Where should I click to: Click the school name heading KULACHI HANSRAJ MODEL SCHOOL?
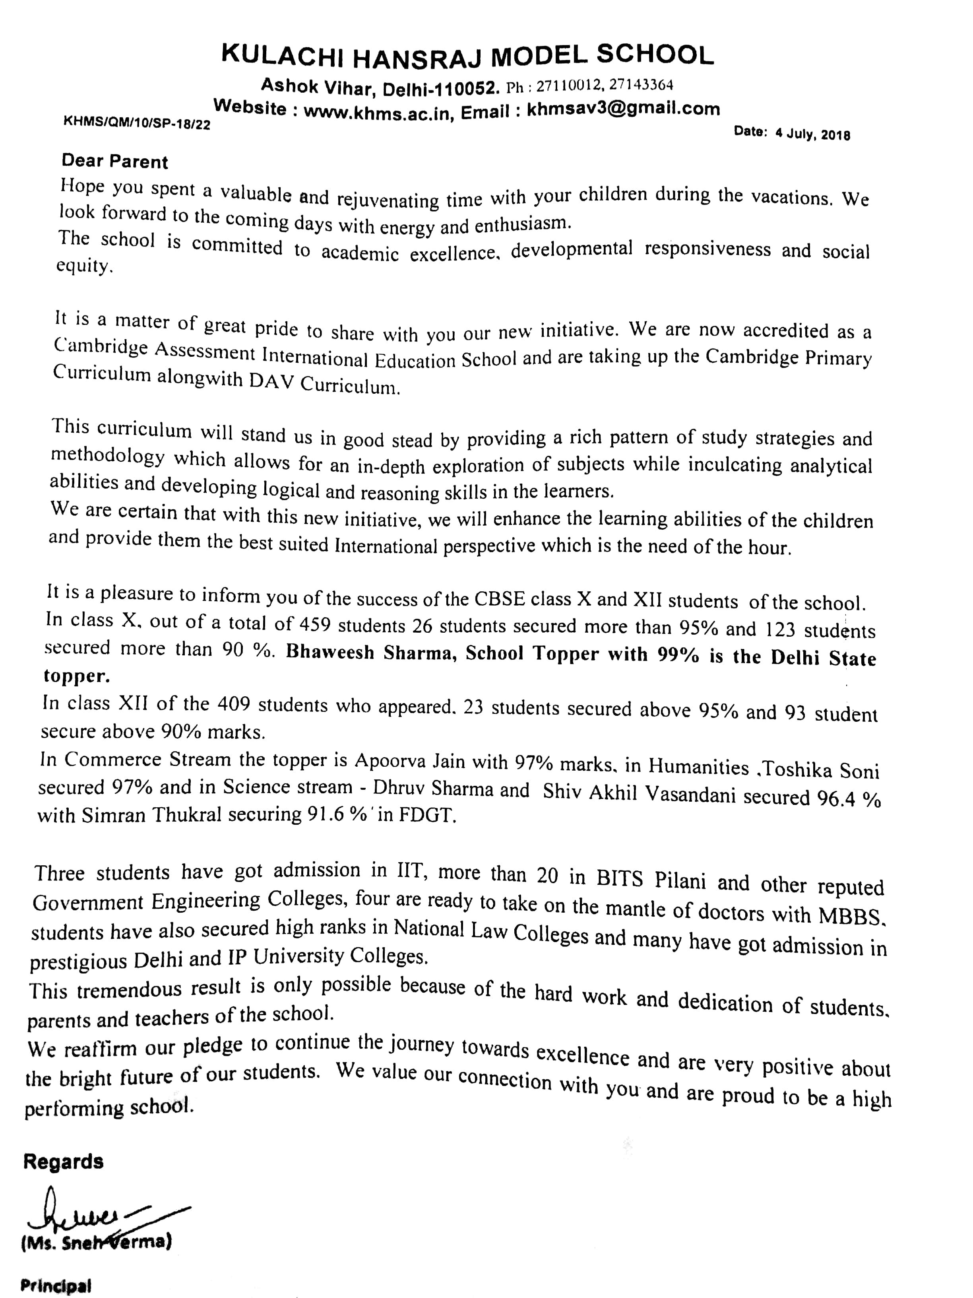coord(467,56)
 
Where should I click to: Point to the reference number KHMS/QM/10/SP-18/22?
coord(137,123)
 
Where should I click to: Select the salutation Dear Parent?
coord(115,161)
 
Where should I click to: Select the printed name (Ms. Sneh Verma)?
coord(96,1243)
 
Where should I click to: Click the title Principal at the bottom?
coord(56,1286)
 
